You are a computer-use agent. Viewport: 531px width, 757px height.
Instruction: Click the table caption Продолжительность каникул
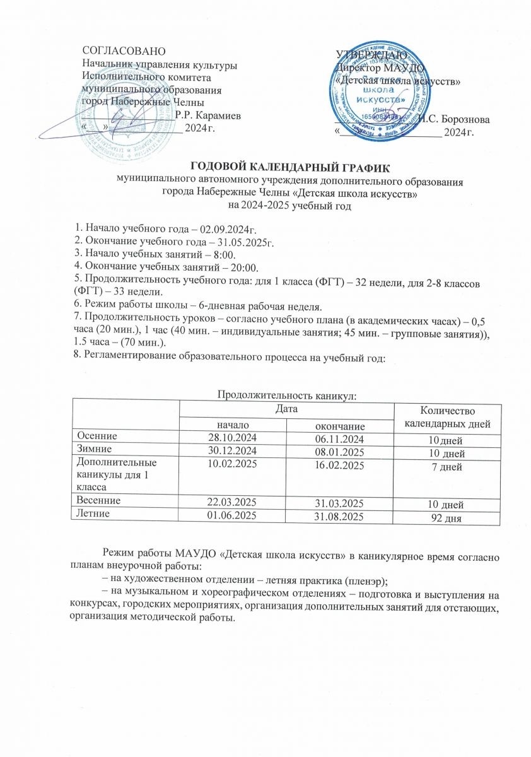287,396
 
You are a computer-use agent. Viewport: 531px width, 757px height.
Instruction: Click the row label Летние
92,514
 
